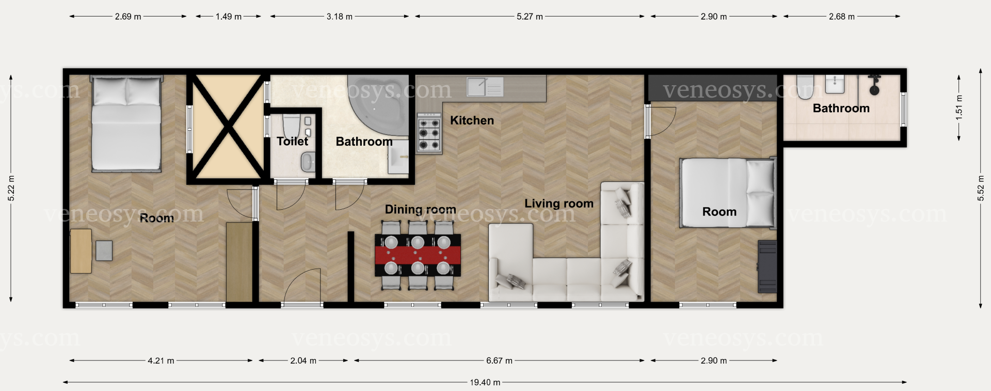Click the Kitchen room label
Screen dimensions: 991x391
coord(472,120)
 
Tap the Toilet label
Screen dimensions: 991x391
coord(292,141)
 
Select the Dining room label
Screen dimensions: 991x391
coord(420,209)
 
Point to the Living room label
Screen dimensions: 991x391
coord(559,204)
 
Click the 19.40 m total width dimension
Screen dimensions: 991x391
coord(485,383)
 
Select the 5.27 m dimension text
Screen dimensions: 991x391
coord(530,17)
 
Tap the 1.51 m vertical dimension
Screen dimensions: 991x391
coord(959,108)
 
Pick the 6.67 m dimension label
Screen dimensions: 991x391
coord(499,361)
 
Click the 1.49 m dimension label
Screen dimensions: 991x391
coord(229,17)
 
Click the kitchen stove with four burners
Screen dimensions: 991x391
coord(429,134)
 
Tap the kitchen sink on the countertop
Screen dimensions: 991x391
coord(485,87)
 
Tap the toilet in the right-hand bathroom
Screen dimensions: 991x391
coord(805,87)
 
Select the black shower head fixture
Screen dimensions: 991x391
coord(874,85)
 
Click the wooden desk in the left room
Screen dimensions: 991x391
coord(81,251)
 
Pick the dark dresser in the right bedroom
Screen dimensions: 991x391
coord(767,267)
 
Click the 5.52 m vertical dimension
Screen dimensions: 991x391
coord(981,189)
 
